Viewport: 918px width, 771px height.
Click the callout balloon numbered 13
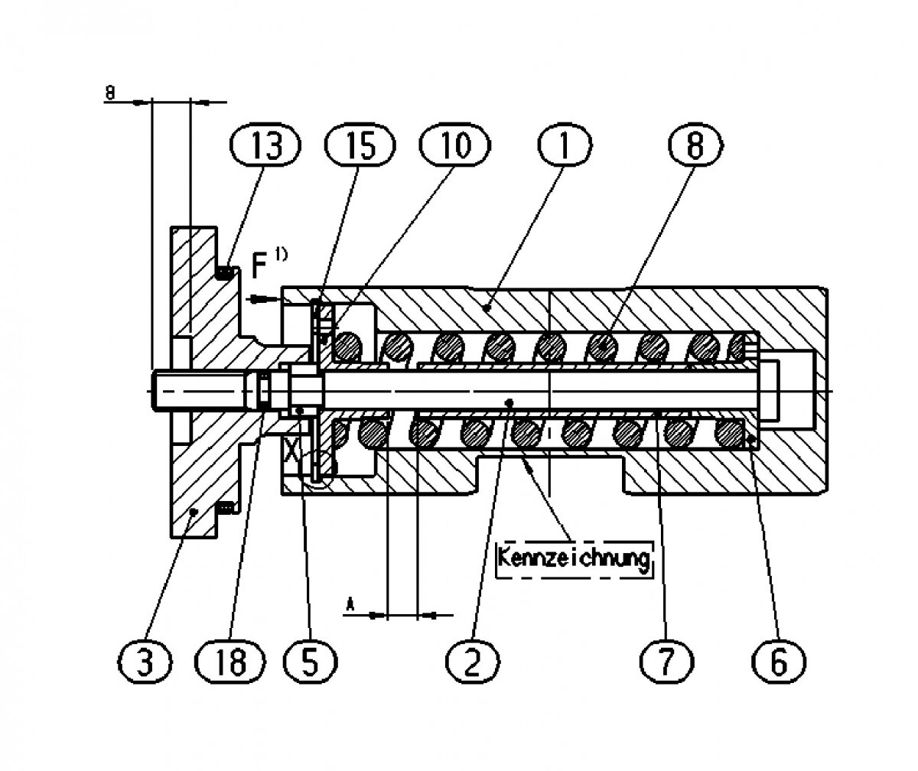point(265,145)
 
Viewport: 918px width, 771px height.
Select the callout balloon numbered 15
point(360,145)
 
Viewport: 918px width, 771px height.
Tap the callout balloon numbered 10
point(454,145)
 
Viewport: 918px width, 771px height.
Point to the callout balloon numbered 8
point(696,145)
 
